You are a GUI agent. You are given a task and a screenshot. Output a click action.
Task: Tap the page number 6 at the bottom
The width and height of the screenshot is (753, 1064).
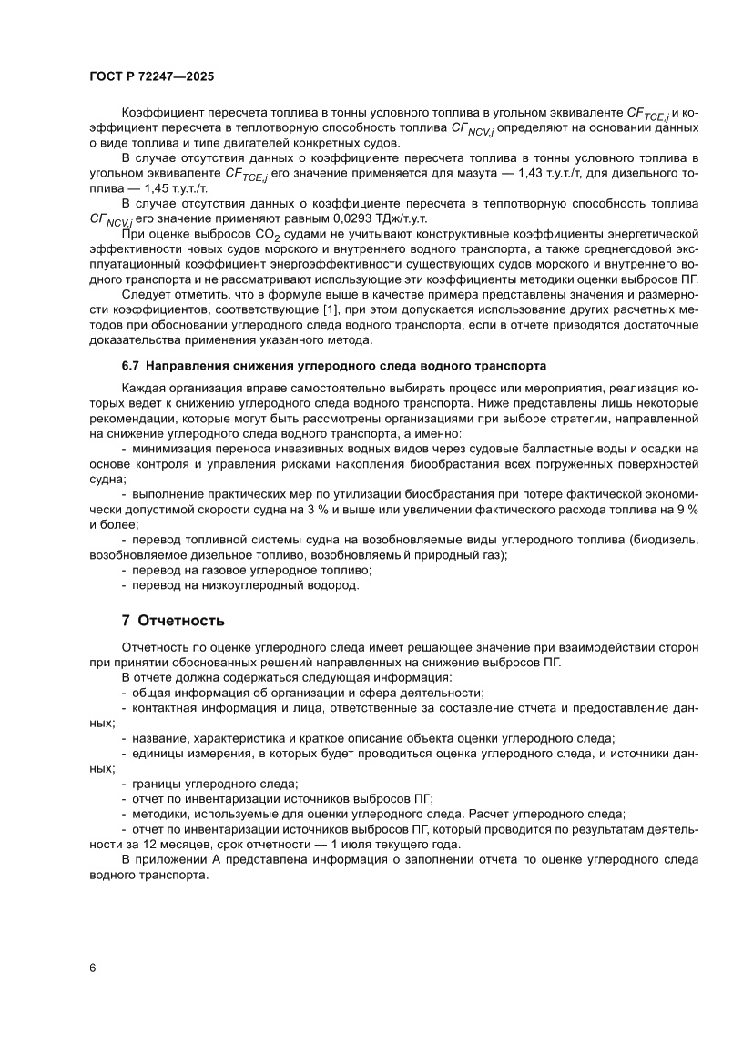click(93, 967)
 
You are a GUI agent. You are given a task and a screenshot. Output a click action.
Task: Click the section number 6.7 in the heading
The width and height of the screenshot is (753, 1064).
click(131, 367)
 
